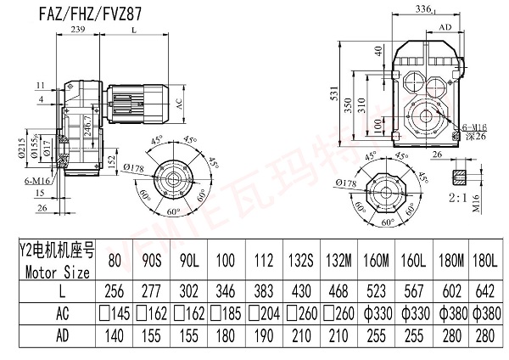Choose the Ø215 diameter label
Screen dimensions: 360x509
coord(19,149)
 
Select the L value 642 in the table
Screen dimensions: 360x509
coord(483,290)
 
